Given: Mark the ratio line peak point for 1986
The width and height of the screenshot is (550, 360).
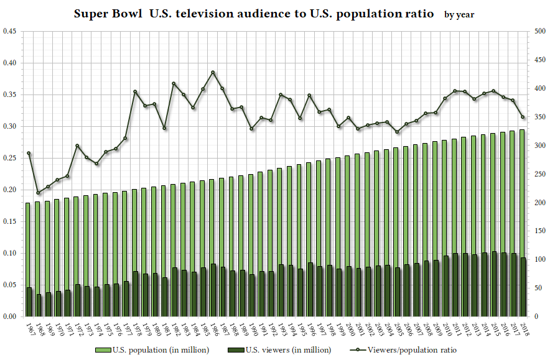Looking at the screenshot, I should click(213, 72).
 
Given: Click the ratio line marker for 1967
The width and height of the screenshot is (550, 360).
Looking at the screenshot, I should click(29, 153).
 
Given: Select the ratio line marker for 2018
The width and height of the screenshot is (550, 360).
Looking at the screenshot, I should click(523, 117).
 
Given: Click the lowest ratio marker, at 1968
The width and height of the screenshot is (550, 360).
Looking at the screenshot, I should click(38, 193).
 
